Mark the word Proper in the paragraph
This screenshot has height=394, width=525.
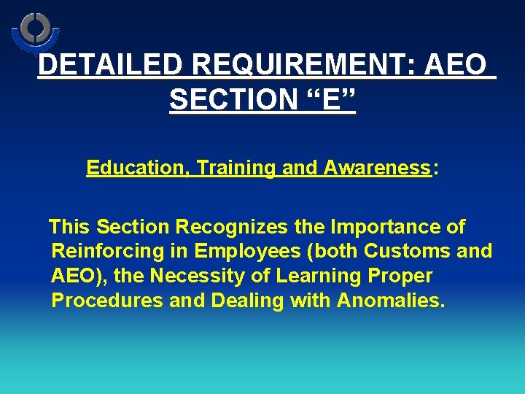coord(405,276)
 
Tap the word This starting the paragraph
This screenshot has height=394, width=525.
coord(70,227)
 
